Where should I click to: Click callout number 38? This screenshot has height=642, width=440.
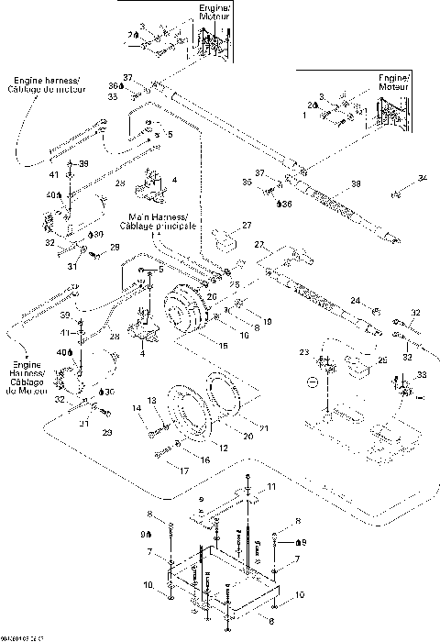coord(356,183)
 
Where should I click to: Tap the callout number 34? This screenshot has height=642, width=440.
coord(423,176)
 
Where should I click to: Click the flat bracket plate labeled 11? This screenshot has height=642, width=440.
coord(229,504)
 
